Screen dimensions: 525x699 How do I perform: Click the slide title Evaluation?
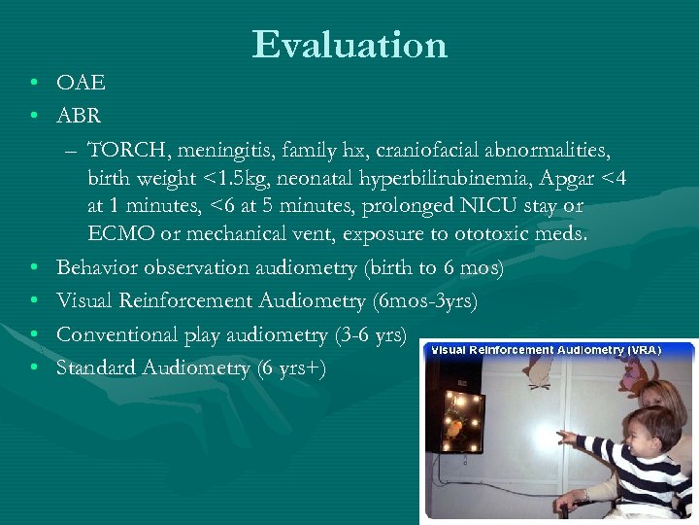click(x=349, y=45)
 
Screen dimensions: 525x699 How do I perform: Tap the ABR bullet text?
click(x=79, y=117)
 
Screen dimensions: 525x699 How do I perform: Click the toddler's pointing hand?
click(x=565, y=437)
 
